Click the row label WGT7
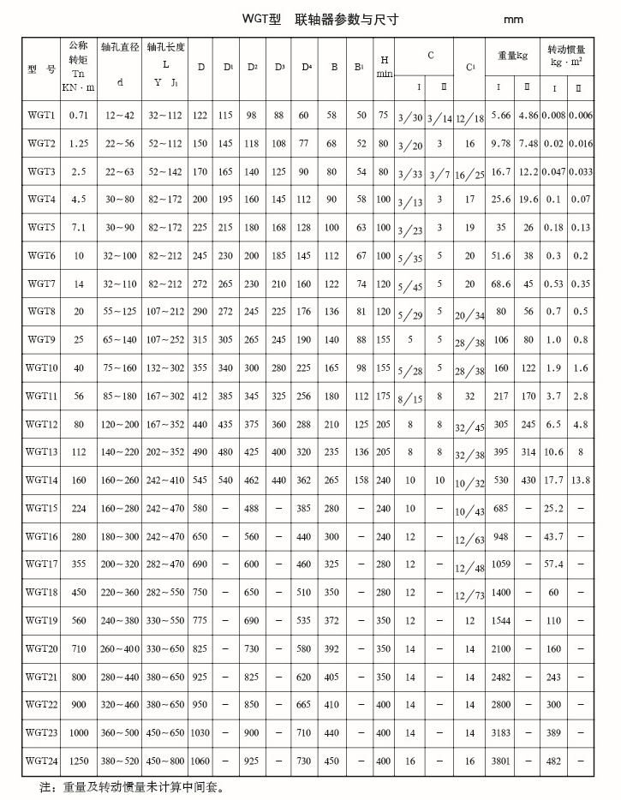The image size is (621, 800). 41,283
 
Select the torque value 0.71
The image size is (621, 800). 79,114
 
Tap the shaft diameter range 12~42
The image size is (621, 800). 120,114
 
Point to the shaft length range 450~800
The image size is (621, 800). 164,760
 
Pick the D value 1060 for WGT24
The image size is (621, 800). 200,760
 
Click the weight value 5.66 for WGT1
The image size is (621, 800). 500,114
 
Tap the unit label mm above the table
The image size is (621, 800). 514,20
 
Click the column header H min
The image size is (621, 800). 385,67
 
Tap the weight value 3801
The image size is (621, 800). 500,760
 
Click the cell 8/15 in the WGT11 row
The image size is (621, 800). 410,399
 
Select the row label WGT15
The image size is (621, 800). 41,508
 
